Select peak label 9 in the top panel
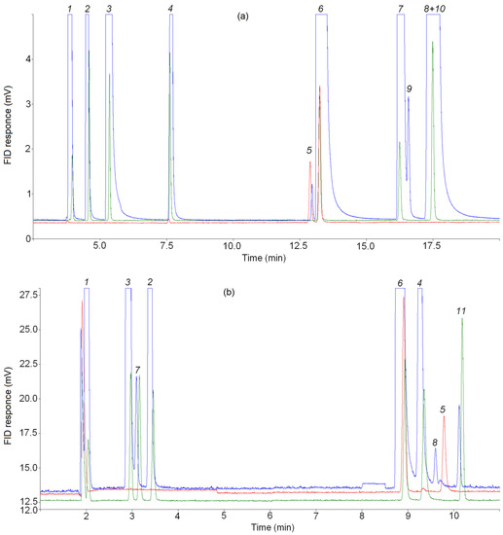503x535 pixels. [x=410, y=89]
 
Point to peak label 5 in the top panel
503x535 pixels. [x=309, y=150]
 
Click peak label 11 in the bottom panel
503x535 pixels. [x=461, y=310]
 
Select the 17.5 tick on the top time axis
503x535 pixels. [x=431, y=247]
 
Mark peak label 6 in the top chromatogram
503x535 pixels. [x=321, y=9]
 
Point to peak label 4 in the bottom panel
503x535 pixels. [x=419, y=283]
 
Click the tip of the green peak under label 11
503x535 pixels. [x=462, y=320]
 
